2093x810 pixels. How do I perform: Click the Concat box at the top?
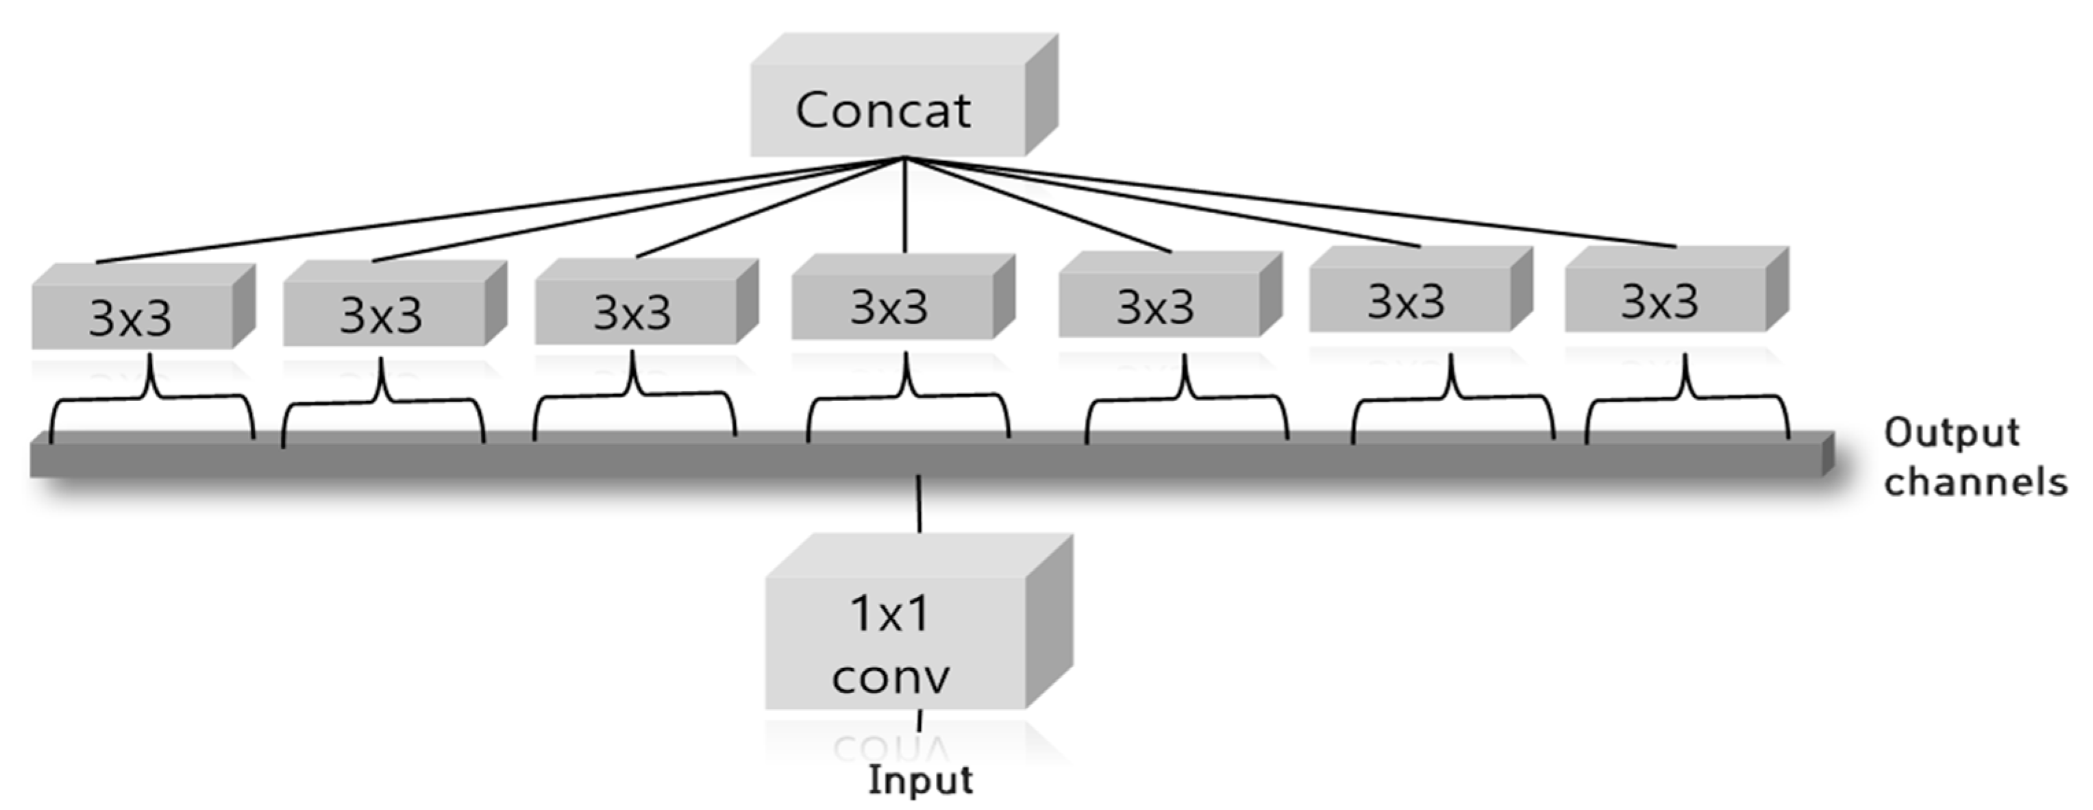point(886,110)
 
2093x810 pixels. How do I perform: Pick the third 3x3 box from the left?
point(634,311)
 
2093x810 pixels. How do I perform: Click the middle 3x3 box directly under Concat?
point(891,306)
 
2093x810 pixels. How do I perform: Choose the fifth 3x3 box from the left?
point(1157,306)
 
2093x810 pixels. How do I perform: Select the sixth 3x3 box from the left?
point(1408,302)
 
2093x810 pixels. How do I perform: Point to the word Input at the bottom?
point(919,781)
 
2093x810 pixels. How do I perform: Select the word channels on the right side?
point(1974,482)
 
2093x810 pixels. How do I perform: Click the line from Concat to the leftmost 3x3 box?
point(488,211)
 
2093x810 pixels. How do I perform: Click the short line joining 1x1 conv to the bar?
point(919,504)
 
